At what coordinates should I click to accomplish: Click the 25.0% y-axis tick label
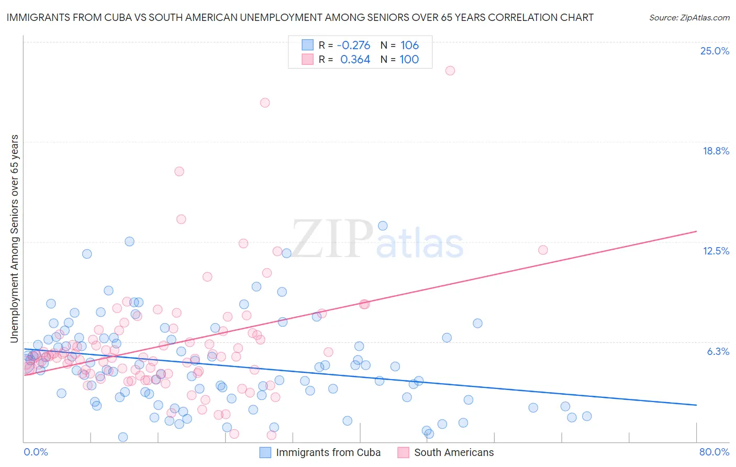(715, 51)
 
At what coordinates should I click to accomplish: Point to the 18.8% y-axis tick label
(716, 151)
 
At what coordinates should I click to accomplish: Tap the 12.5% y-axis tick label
(716, 251)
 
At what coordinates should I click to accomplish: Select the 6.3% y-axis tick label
(718, 351)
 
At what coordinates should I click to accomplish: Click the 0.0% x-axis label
(36, 452)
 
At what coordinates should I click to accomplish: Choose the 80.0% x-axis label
(714, 452)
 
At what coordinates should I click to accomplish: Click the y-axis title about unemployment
(14, 239)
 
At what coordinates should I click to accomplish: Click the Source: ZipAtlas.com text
(689, 17)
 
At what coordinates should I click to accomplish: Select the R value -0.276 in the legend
(353, 45)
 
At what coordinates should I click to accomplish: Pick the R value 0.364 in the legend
(355, 60)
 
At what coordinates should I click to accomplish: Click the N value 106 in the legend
(409, 45)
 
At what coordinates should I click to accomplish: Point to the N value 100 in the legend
(409, 60)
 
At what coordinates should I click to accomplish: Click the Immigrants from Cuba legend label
(328, 452)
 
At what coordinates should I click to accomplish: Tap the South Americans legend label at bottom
(454, 452)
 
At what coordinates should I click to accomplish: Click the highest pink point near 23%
(450, 71)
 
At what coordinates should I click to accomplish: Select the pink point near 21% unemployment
(265, 103)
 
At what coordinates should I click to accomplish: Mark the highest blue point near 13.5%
(383, 226)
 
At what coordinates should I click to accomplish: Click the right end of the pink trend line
(696, 231)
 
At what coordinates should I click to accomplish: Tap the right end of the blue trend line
(696, 405)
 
